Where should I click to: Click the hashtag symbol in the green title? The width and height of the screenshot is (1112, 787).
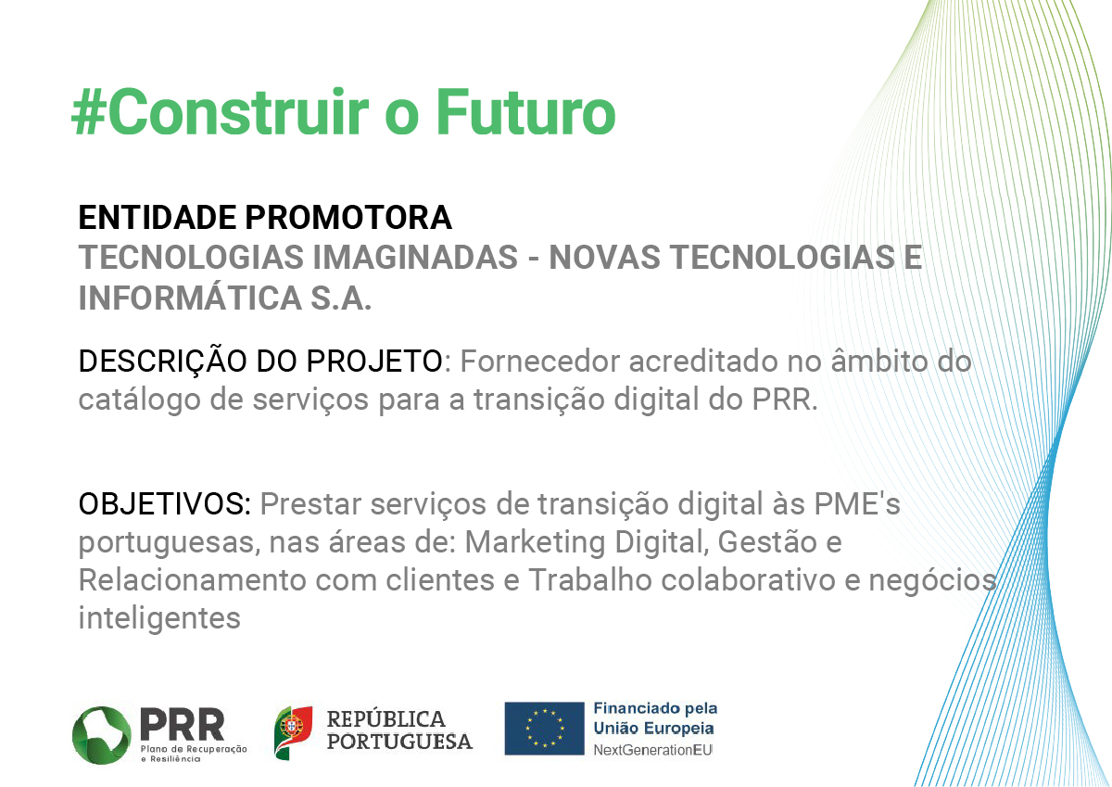(x=88, y=112)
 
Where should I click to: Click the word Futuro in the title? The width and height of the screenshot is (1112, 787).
(x=525, y=111)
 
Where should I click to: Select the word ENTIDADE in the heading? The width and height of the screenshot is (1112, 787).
(x=157, y=218)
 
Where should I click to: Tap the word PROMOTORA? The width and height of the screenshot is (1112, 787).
(x=348, y=218)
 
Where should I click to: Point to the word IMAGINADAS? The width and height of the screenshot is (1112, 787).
(x=415, y=257)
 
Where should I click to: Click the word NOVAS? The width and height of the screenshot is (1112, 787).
(x=604, y=257)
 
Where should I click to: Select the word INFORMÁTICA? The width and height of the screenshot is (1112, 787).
(x=190, y=298)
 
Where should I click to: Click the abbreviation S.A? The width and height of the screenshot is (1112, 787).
(x=341, y=298)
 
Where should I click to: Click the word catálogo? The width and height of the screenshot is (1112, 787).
(x=140, y=400)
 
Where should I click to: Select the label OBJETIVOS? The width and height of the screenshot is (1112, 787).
(x=165, y=504)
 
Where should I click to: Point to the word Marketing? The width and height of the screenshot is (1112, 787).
(x=535, y=542)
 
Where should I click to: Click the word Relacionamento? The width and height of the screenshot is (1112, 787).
(x=192, y=580)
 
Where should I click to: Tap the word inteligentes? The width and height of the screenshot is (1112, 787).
(x=159, y=618)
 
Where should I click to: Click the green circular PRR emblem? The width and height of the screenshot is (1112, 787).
(x=102, y=735)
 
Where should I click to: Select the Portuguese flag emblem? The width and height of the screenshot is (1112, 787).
(x=293, y=733)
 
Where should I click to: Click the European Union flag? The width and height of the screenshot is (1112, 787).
(x=545, y=729)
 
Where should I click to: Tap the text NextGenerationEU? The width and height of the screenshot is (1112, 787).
(x=652, y=750)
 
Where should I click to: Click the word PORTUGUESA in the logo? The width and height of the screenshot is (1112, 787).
(x=399, y=742)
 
